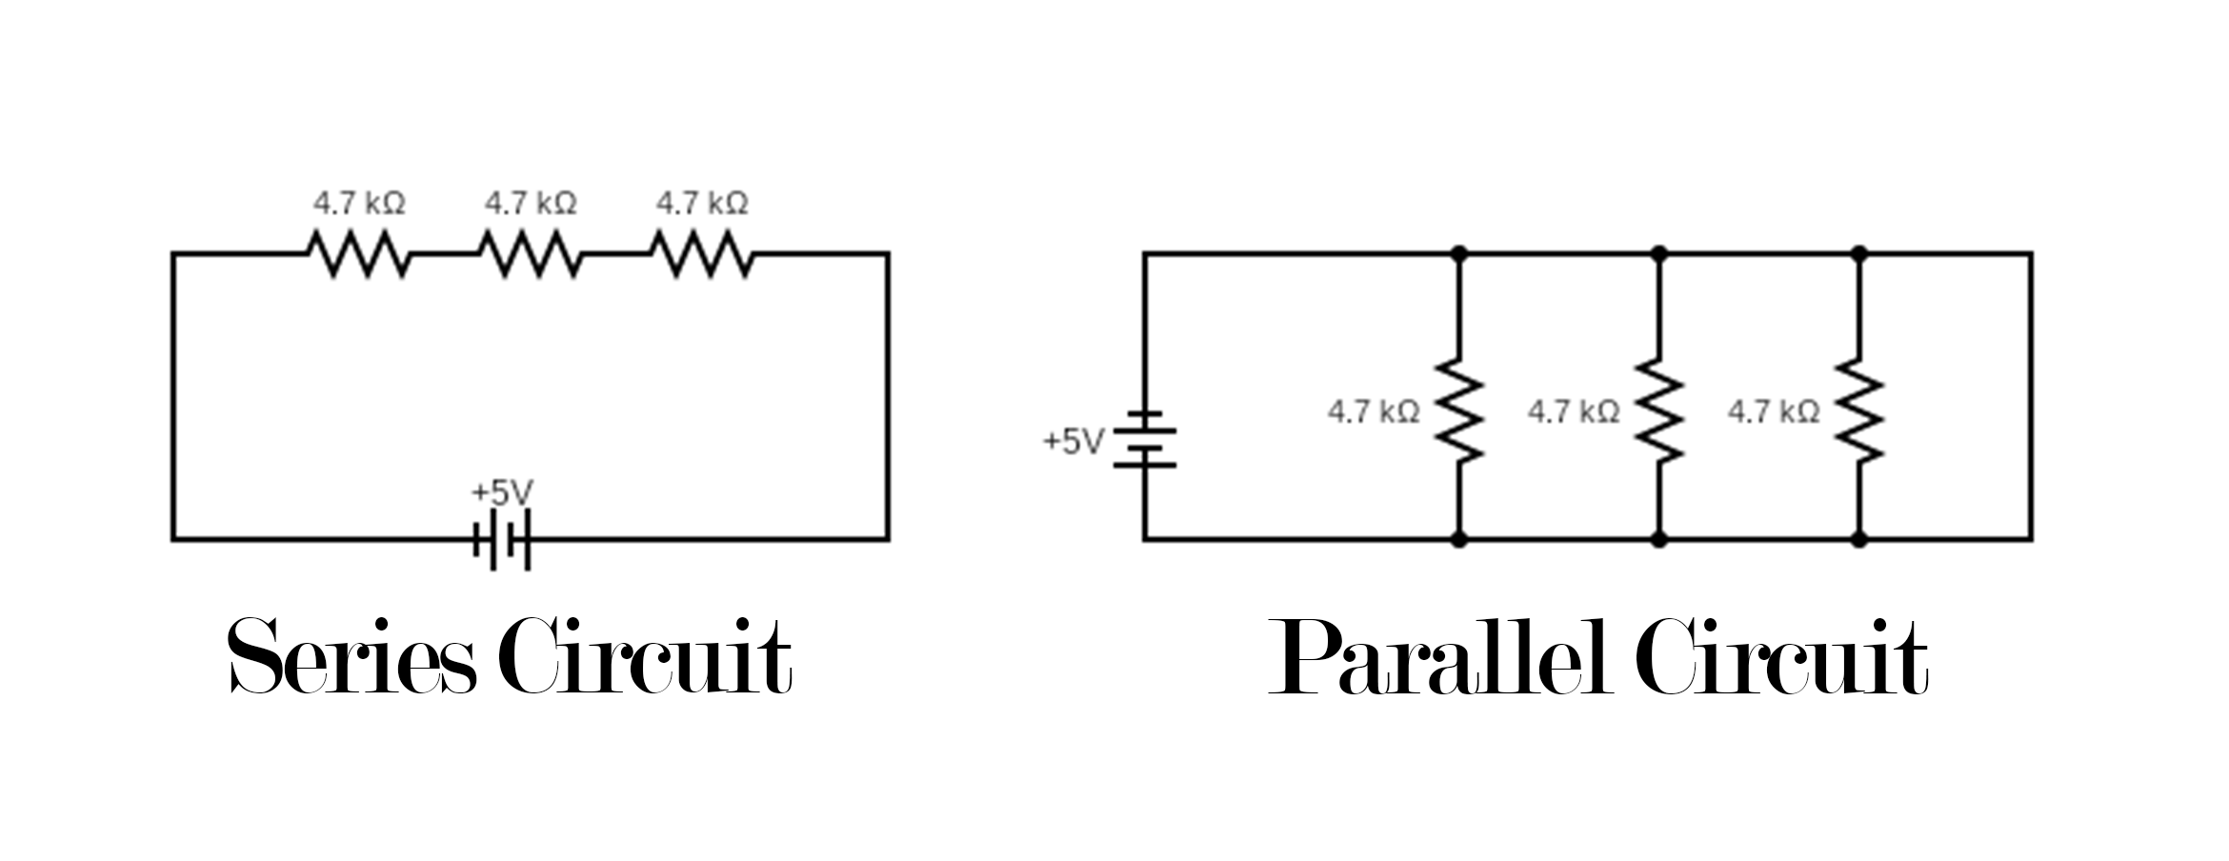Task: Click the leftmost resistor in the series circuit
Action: point(358,254)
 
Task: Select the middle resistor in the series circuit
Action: point(530,254)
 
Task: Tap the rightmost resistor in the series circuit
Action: point(701,254)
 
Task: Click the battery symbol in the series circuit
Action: point(502,540)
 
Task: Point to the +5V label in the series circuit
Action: point(502,492)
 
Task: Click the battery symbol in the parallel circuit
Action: point(1145,439)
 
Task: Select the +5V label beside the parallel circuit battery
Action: point(1074,442)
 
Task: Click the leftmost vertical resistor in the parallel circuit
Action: point(1458,410)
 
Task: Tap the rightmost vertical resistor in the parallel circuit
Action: point(1858,410)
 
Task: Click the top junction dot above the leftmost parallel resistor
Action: point(1458,253)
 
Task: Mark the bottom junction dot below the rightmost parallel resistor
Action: point(1858,540)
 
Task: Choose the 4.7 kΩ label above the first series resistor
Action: point(359,203)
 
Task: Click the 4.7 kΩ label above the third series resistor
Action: point(702,203)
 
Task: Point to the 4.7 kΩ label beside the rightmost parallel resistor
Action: point(1774,411)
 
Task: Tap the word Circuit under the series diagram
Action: point(645,657)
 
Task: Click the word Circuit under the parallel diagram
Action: point(1782,657)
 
